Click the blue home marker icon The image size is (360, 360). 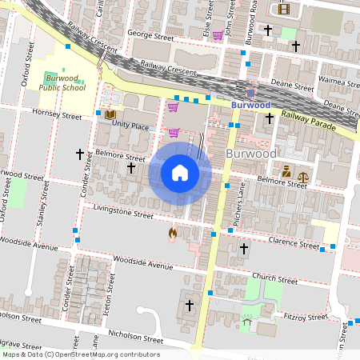180,172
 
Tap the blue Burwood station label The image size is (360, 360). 250,105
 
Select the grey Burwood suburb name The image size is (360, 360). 251,153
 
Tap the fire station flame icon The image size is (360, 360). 172,233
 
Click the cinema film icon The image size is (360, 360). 282,10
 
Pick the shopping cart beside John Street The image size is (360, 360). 218,34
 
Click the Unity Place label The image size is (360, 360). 130,126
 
